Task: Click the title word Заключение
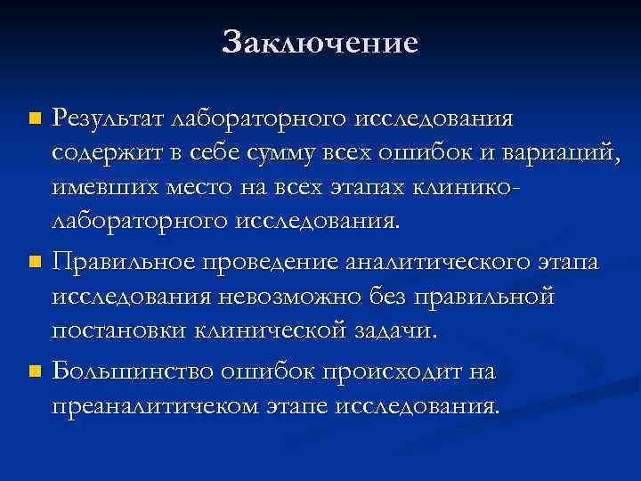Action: coord(320,42)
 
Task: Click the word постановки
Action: coord(115,330)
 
